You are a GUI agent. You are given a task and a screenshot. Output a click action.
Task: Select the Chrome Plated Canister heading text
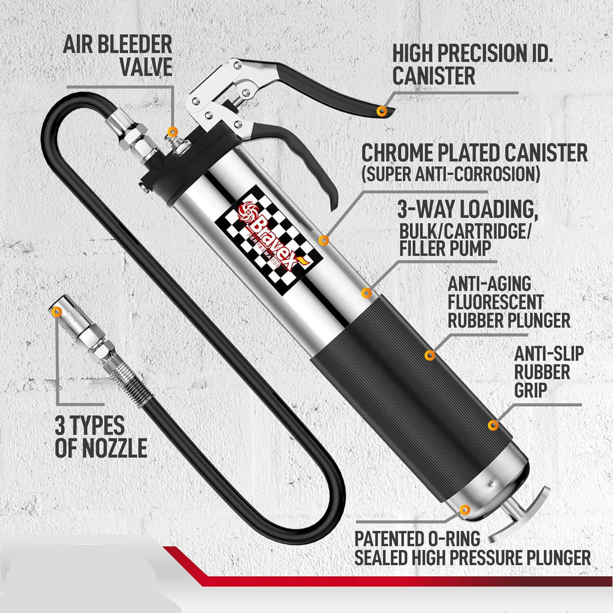[x=474, y=153]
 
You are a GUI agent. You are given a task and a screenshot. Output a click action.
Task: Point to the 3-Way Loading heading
[x=467, y=210]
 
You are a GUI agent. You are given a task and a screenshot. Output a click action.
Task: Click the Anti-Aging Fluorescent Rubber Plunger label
[x=509, y=302]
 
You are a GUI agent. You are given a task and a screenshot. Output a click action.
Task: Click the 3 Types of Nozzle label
[x=101, y=437]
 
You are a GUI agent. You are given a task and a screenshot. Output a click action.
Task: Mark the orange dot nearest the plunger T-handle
[x=464, y=509]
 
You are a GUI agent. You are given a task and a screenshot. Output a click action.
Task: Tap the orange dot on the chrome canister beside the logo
[x=324, y=240]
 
